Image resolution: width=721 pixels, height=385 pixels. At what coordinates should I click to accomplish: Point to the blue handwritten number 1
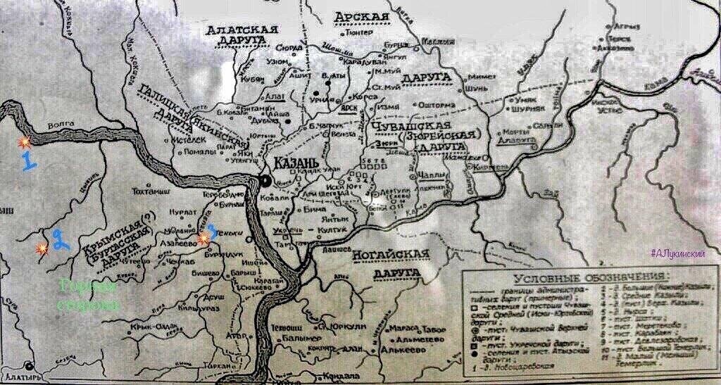pyautogui.click(x=27, y=161)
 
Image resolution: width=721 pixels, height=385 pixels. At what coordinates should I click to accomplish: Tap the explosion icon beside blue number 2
pyautogui.click(x=42, y=248)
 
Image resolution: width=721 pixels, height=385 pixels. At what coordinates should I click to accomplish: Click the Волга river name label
pyautogui.click(x=61, y=126)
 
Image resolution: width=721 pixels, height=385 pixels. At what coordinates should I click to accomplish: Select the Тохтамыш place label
pyautogui.click(x=151, y=191)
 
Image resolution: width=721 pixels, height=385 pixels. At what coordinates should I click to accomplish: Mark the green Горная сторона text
pyautogui.click(x=89, y=295)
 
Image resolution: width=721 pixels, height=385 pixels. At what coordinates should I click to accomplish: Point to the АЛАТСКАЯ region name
pyautogui.click(x=242, y=30)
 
